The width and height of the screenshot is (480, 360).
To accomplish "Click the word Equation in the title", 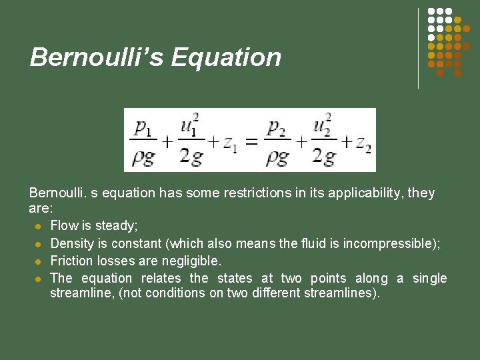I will point(226,57).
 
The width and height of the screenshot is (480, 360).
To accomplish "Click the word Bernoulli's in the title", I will point(97,57).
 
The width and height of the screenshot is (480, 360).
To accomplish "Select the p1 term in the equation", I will point(143,127).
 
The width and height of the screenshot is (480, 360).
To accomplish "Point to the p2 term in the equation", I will point(276,127).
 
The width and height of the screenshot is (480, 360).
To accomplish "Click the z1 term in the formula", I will point(229,142).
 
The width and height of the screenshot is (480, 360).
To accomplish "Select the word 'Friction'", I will point(71,261).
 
